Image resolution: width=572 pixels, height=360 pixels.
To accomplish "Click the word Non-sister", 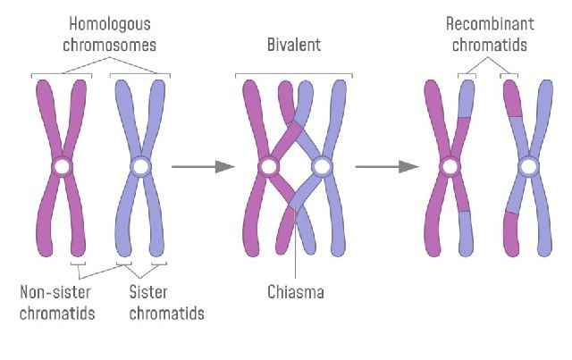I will point(57,291).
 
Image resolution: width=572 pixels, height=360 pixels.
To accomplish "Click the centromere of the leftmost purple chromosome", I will point(62,167).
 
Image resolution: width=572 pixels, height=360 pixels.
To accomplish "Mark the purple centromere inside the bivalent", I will point(267,167).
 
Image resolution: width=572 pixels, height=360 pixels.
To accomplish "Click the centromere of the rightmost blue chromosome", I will point(528,167).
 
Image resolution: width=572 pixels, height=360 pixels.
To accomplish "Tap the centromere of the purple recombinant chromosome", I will point(450,167).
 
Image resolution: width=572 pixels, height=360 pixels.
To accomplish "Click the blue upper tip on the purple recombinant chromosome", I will point(466,98).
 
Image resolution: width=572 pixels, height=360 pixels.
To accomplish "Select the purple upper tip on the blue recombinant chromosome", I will point(512,98).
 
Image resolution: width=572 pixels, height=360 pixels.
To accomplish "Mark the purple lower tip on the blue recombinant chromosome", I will point(511,235).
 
